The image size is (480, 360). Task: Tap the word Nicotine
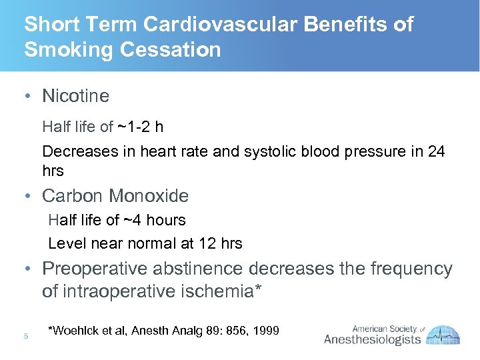pyautogui.click(x=75, y=96)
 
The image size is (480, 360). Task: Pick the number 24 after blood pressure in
pyautogui.click(x=437, y=151)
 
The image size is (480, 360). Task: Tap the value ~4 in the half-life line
pyautogui.click(x=133, y=220)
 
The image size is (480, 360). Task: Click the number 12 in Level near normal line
pyautogui.click(x=208, y=243)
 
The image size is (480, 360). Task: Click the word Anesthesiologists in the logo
pyautogui.click(x=373, y=341)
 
